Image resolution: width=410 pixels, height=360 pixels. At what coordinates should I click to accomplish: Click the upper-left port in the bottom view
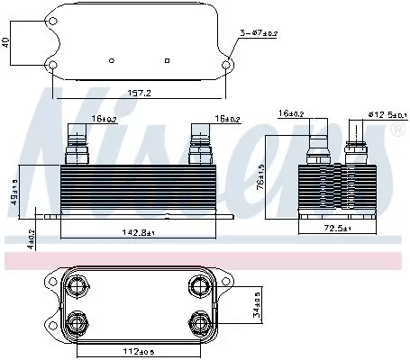coord(77,287)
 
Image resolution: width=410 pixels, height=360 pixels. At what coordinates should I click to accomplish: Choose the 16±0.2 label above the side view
coord(290,113)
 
